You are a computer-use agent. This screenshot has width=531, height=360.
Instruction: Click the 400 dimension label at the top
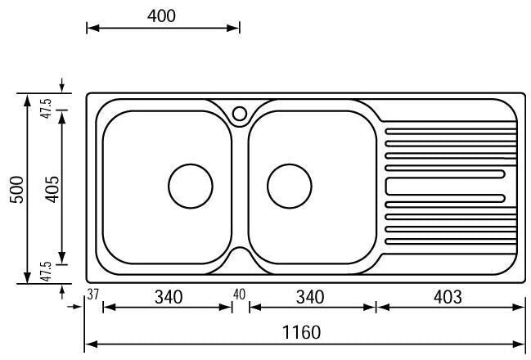[x=161, y=16]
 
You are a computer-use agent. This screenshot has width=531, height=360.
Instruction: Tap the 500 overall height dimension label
[x=16, y=189]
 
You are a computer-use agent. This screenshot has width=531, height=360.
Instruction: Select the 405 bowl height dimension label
[x=52, y=189]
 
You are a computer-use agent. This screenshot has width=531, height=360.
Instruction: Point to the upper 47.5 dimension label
[x=46, y=108]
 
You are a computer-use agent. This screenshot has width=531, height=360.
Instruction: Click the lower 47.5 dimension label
[x=46, y=272]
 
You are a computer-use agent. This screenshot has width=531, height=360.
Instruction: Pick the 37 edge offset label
[x=92, y=295]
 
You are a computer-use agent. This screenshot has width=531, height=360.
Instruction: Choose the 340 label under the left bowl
[x=169, y=297]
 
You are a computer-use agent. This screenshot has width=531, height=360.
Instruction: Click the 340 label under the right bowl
[x=310, y=297]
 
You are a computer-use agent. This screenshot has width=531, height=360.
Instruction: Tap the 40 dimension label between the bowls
[x=239, y=295]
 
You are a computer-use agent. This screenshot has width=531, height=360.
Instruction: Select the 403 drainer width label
[x=448, y=297]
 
